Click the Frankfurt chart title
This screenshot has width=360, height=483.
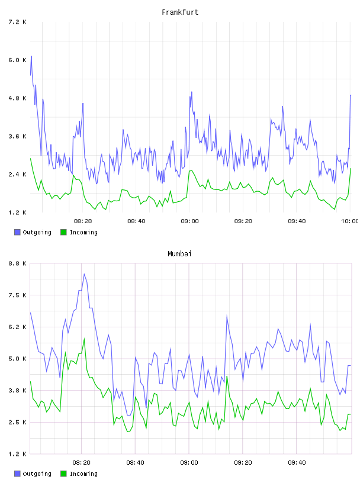tap(180, 12)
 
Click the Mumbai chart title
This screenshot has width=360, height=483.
tap(179, 254)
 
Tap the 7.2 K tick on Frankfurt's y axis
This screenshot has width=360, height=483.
tap(17, 22)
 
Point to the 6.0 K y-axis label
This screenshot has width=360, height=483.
tap(17, 60)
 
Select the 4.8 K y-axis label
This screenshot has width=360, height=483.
tap(17, 98)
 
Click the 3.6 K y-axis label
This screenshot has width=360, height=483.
tap(17, 137)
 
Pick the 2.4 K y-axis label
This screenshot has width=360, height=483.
tap(17, 175)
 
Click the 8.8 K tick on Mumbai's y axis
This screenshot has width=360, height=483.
tap(17, 263)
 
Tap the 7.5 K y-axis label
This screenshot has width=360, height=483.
tap(17, 295)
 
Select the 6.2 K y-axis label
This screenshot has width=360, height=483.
tap(17, 327)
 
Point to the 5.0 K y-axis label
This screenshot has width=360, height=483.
tap(17, 359)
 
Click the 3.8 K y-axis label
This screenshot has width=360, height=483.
tap(17, 390)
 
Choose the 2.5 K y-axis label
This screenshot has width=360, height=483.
tap(17, 422)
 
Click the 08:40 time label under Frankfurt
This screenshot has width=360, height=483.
tap(136, 221)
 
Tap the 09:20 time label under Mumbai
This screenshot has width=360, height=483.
tap(243, 462)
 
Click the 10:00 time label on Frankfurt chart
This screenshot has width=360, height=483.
tap(349, 221)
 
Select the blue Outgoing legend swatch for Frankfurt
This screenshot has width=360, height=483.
tap(17, 232)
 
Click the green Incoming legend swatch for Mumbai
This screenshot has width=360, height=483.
tap(63, 474)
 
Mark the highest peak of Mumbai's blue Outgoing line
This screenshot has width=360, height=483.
tap(84, 274)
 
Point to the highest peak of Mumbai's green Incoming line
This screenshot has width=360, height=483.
tap(84, 339)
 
